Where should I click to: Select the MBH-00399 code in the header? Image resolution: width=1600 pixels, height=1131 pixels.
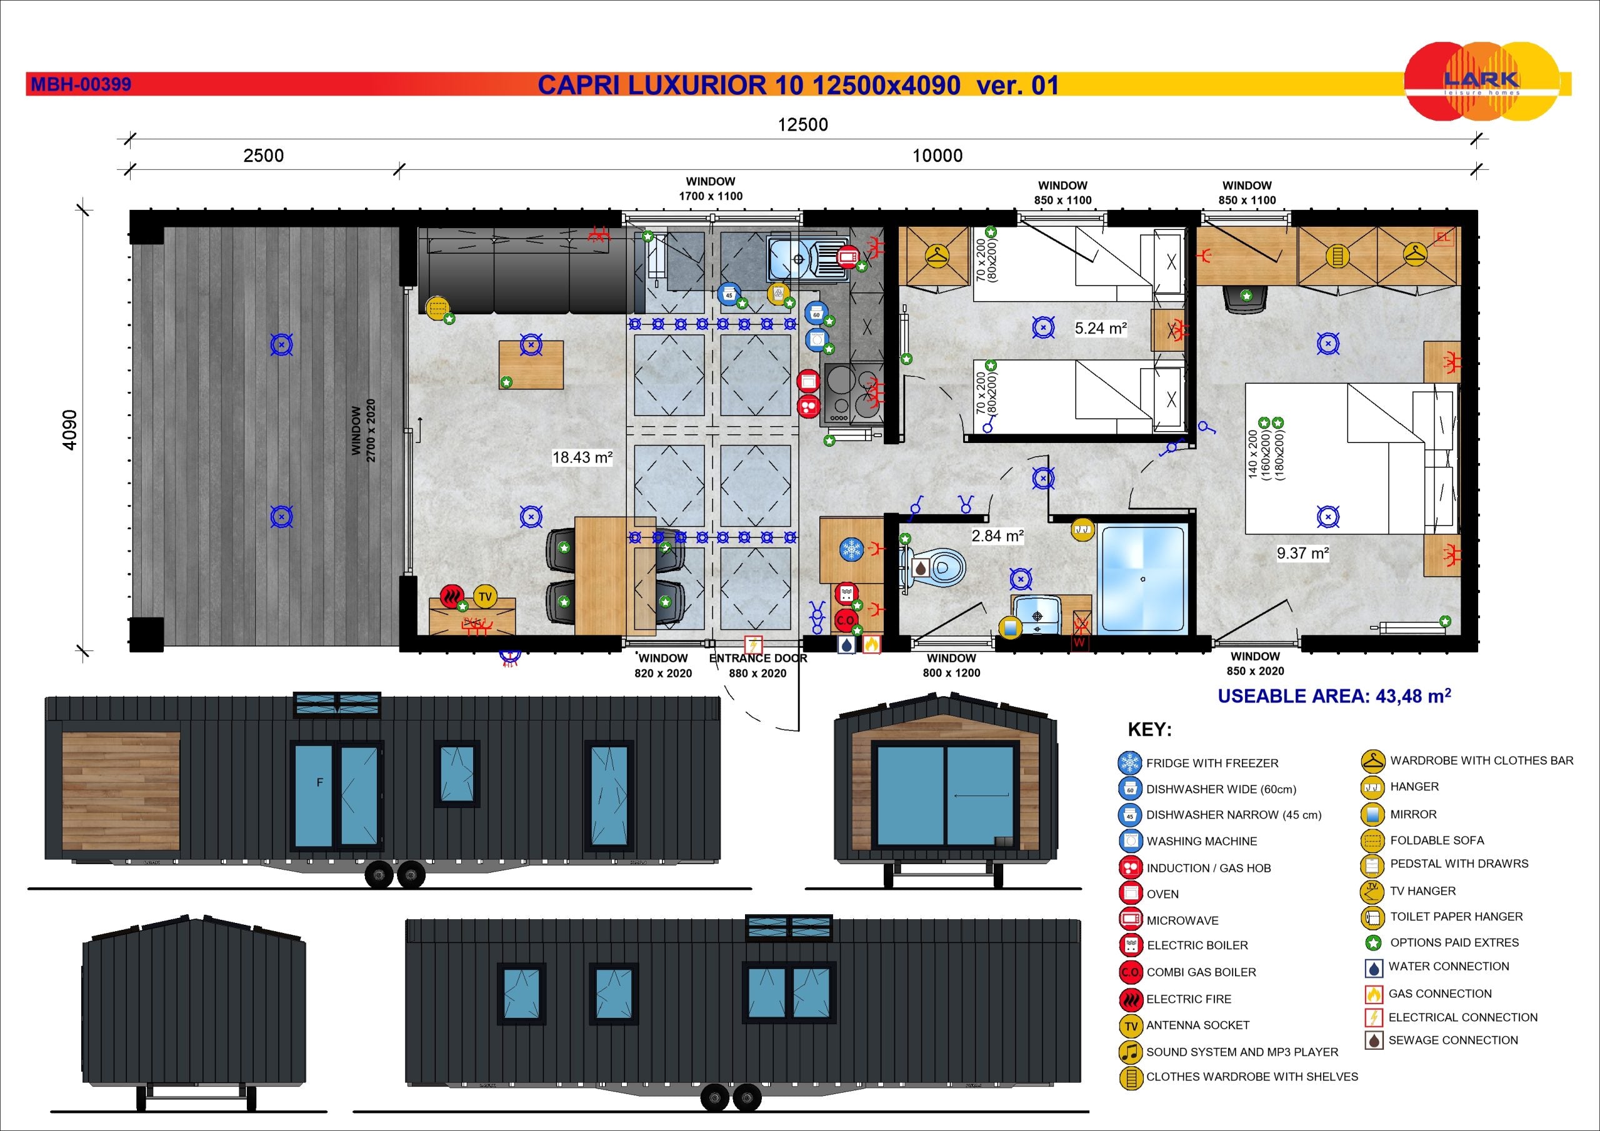pyautogui.click(x=81, y=85)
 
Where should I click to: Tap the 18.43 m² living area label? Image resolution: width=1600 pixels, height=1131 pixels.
pyautogui.click(x=582, y=458)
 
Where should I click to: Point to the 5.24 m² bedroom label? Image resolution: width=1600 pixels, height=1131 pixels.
pyautogui.click(x=1101, y=328)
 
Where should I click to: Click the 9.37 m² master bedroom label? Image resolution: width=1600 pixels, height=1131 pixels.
pyautogui.click(x=1302, y=553)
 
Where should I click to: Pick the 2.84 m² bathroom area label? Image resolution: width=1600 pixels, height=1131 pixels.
pyautogui.click(x=997, y=536)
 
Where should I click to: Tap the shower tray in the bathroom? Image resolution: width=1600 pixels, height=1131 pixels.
pyautogui.click(x=1141, y=580)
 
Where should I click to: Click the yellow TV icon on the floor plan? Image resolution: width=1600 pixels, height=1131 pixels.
pyautogui.click(x=485, y=597)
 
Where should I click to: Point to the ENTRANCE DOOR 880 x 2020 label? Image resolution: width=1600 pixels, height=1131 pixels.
pyautogui.click(x=757, y=665)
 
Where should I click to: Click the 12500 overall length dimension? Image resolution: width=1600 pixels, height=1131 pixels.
pyautogui.click(x=802, y=125)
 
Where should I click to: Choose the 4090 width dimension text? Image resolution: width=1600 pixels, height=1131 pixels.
pyautogui.click(x=71, y=430)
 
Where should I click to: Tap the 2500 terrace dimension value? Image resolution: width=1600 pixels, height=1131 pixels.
pyautogui.click(x=263, y=156)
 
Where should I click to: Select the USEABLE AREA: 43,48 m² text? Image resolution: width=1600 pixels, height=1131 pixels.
pyautogui.click(x=1334, y=696)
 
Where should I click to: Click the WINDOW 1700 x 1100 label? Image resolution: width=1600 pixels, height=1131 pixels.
pyautogui.click(x=710, y=189)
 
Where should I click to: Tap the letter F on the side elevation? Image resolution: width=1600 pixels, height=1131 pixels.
pyautogui.click(x=320, y=782)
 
